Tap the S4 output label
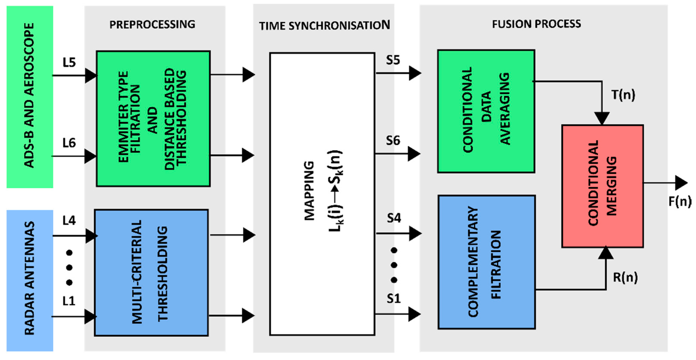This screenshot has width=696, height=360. (394, 218)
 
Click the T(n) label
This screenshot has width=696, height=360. (623, 95)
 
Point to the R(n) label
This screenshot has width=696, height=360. (625, 277)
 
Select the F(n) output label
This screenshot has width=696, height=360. (680, 201)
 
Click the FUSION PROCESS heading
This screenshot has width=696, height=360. (536, 24)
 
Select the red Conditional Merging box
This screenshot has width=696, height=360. (602, 186)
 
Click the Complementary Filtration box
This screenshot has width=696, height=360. (486, 262)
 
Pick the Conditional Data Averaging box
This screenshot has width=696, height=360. (486, 111)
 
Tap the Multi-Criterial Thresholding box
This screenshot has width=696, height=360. (151, 272)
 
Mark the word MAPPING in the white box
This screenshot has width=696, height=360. (309, 191)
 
